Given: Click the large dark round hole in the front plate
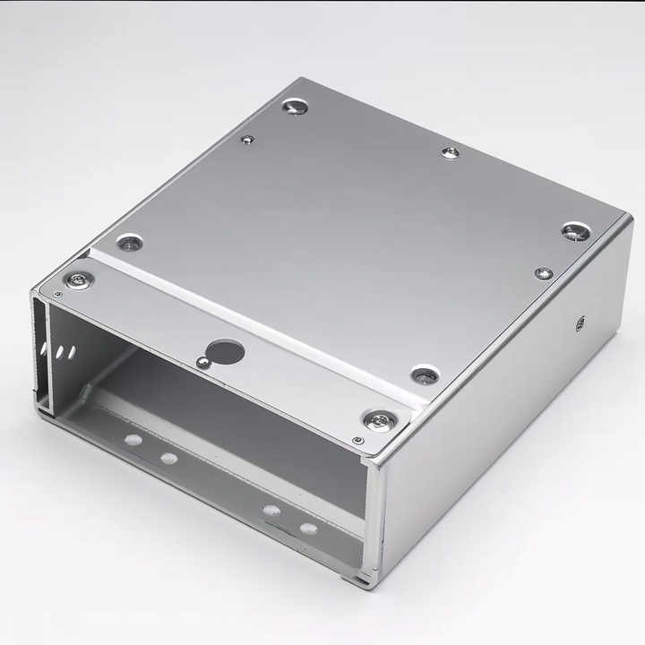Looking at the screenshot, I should [225, 351].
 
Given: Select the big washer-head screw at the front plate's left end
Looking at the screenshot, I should [79, 280].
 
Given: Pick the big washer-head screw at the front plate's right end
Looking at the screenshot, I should [380, 419].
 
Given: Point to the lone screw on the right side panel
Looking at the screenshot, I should [580, 322].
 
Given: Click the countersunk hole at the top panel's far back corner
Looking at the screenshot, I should [295, 107].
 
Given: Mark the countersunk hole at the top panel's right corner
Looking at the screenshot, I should [576, 232].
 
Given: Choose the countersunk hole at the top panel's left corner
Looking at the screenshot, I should [130, 243].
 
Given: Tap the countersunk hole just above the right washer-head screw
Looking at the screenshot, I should [425, 375].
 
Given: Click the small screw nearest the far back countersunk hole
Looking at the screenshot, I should [247, 140].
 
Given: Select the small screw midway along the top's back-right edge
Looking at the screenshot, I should [450, 153].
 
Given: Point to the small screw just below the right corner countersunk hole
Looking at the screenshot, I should [543, 273].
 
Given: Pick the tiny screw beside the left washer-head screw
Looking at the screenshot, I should [58, 294].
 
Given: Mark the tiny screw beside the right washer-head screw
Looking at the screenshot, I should [357, 440].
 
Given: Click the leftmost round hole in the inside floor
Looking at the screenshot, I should [133, 440].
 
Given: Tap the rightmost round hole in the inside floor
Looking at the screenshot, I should [308, 529].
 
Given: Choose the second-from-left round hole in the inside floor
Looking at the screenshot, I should [168, 459].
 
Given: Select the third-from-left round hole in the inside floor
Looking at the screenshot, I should [271, 510].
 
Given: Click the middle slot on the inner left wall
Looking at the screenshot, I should [59, 352].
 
